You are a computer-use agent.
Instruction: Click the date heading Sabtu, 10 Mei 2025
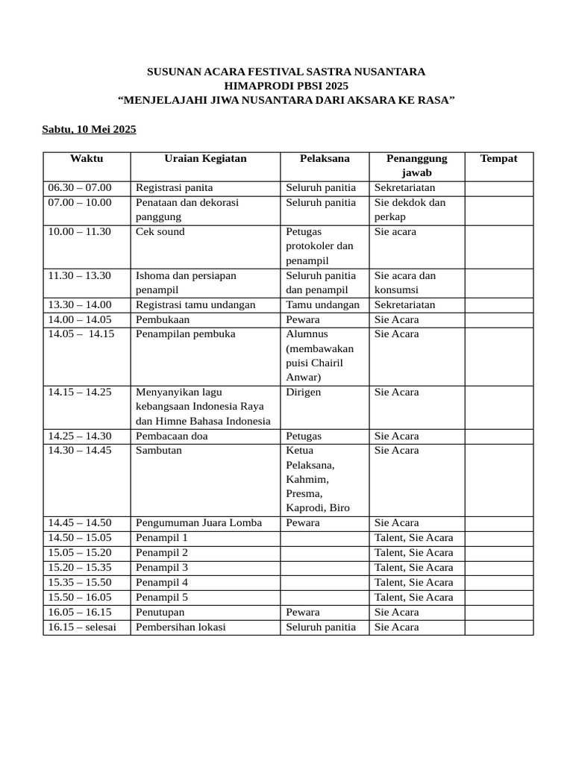89,130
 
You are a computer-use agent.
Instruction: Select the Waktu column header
87,158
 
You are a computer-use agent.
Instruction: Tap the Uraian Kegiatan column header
205,158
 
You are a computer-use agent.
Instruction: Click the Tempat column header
498,158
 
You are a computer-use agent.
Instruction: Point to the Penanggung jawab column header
417,165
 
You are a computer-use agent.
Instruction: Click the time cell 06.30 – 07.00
80,187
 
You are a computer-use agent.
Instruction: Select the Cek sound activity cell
160,231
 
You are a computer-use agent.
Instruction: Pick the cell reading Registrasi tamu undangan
195,304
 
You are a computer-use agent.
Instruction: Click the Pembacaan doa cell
172,436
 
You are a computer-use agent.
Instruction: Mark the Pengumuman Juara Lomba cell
198,523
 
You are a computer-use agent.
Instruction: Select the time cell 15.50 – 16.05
80,597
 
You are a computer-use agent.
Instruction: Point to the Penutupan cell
160,612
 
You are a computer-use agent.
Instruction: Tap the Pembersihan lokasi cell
181,627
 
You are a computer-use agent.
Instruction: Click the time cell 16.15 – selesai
82,627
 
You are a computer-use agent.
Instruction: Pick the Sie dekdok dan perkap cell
410,209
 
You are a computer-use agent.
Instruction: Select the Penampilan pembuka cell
185,334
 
